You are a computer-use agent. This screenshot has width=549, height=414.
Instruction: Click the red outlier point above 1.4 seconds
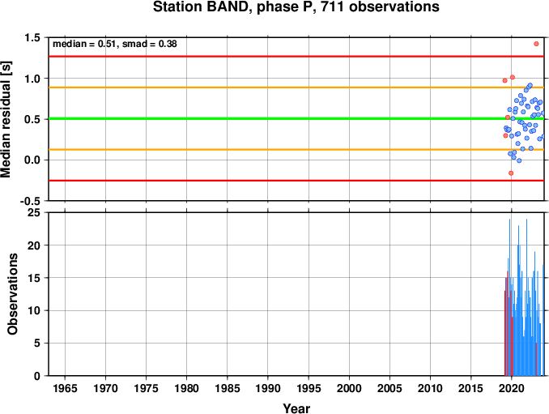(536, 44)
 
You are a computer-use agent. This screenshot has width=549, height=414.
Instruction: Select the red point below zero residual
(511, 173)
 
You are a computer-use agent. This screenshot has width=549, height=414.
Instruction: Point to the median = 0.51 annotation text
(84, 44)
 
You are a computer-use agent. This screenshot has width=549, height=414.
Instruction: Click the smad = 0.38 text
(150, 44)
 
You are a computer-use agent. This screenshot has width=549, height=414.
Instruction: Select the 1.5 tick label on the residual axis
(32, 37)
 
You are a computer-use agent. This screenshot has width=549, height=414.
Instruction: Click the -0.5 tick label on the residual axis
(31, 201)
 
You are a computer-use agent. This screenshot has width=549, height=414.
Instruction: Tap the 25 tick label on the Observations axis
(34, 213)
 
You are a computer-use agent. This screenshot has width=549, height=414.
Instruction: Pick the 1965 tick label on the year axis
(65, 388)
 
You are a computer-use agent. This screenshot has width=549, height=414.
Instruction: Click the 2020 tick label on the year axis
(512, 388)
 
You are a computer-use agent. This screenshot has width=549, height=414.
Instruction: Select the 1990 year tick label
(268, 388)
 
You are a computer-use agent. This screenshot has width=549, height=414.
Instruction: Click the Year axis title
(296, 408)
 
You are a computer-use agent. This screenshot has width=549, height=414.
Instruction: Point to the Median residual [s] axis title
(6, 119)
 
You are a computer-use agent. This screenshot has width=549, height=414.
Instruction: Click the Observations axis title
(12, 294)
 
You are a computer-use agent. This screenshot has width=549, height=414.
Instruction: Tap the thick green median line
(296, 119)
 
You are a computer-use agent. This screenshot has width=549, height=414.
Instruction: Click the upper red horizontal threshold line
(296, 57)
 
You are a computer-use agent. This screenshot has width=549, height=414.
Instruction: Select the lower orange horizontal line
(296, 150)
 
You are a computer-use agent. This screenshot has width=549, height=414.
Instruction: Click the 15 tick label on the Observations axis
(34, 278)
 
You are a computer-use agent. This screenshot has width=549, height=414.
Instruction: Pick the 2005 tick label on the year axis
(389, 388)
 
